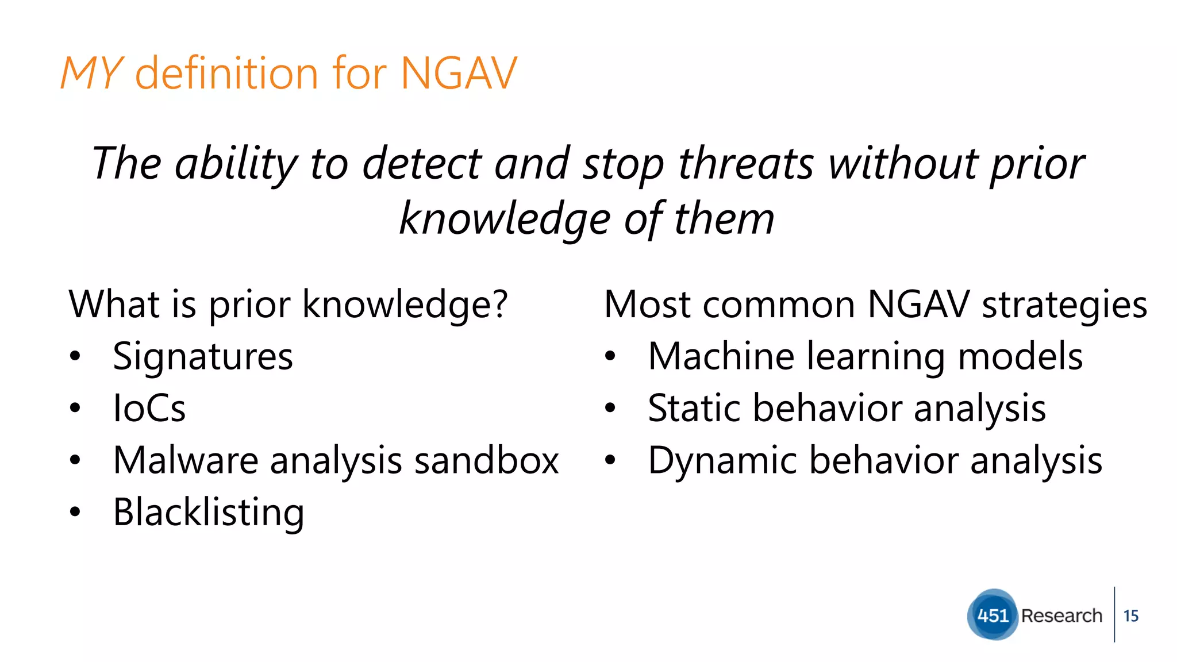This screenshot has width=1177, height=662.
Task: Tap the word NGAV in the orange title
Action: point(459,74)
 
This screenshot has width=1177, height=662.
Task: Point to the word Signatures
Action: point(203,357)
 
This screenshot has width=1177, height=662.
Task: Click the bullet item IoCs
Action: point(149,409)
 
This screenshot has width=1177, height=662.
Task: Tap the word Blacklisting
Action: point(209,513)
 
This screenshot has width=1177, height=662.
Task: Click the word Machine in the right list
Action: point(721,356)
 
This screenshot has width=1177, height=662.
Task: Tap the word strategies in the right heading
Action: point(1064,305)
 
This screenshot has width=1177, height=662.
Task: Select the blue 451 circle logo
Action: point(993,615)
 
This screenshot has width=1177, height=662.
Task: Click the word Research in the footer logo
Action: point(1061,615)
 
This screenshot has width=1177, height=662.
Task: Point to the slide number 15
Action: point(1130,616)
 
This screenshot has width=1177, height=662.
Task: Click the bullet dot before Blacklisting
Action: point(75,511)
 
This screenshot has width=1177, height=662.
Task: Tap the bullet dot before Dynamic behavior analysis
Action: point(610,460)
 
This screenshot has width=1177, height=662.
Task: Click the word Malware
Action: point(186,461)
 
